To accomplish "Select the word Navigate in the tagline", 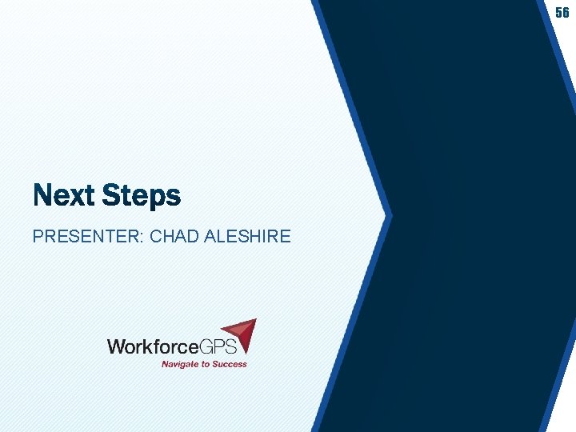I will point(181,364).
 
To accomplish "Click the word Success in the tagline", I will point(230,364).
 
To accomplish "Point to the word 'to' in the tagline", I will point(207,364).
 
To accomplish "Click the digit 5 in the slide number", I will point(559,13).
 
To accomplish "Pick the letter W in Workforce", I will point(116,346).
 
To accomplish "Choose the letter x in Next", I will point(70,196).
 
